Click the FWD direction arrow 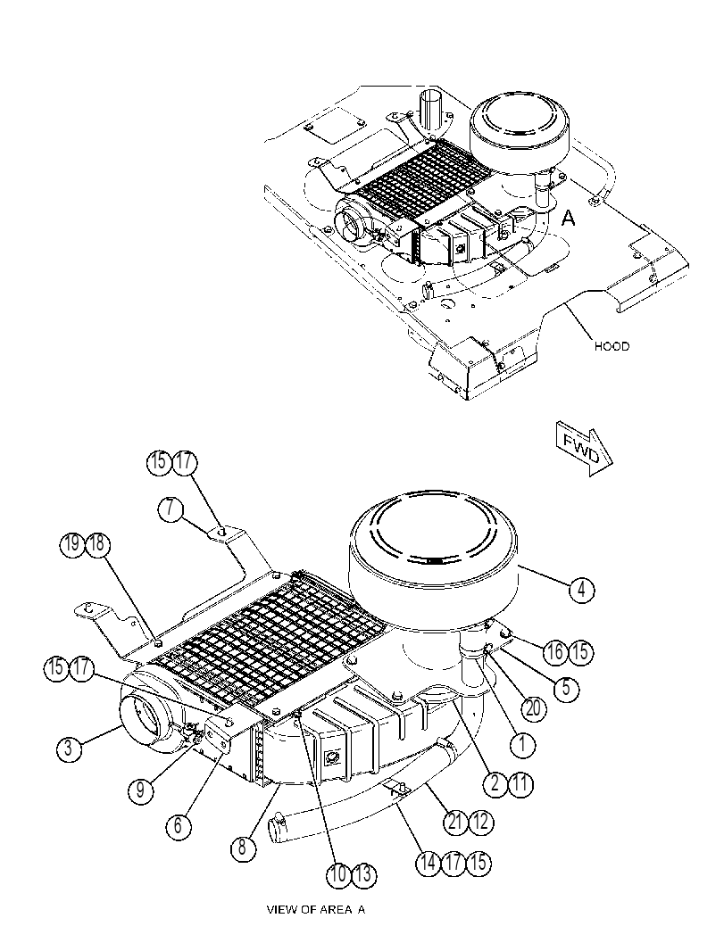pos(584,449)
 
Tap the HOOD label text pos(612,346)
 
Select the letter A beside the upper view pos(568,219)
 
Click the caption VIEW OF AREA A pos(315,909)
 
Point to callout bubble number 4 pos(581,590)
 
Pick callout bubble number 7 pos(171,509)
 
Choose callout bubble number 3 pos(70,749)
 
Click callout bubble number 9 pos(141,789)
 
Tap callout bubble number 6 pos(179,826)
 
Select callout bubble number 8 pos(243,848)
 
